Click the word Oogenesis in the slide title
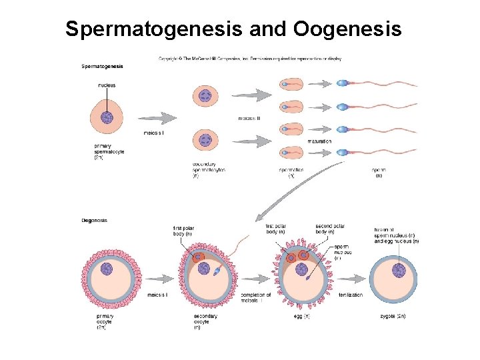coord(347,29)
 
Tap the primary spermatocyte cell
coord(107,117)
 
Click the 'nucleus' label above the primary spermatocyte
coord(107,85)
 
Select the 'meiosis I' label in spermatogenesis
coord(154,133)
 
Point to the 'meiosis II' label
coord(249,119)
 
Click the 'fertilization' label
coord(350,295)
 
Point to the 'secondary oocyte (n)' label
coord(205,321)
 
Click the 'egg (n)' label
coord(301,316)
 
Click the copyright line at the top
coord(250,59)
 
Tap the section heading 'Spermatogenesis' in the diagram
coord(102,66)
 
